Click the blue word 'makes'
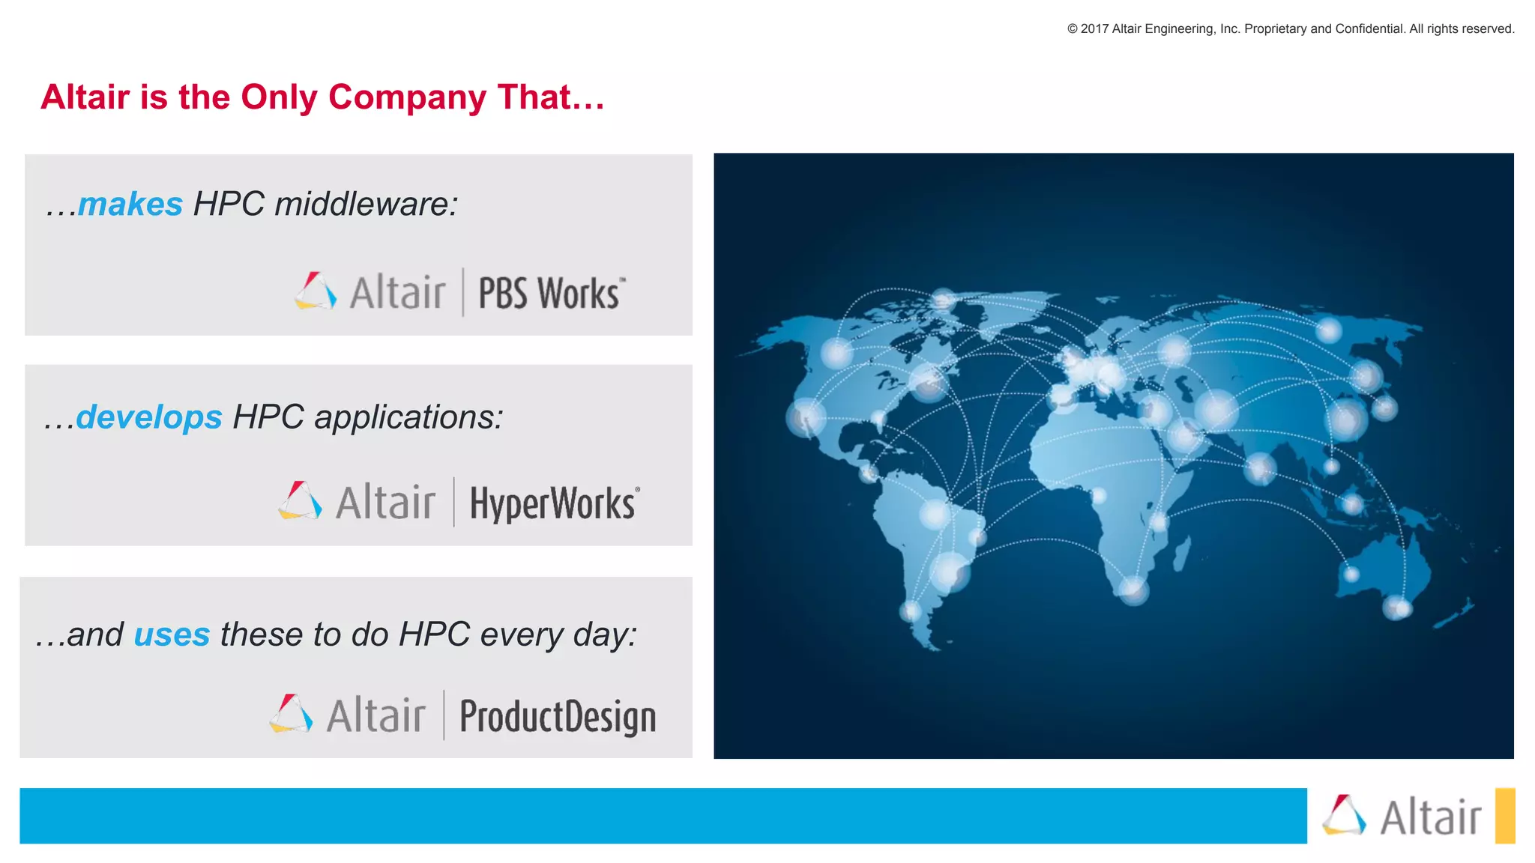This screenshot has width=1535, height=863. click(130, 205)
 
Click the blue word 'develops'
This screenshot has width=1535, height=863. click(149, 417)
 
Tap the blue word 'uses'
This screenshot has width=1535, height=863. click(172, 635)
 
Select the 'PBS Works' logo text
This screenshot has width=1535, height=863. click(550, 293)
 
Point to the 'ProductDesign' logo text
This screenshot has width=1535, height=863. click(558, 716)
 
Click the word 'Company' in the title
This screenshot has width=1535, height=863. click(407, 97)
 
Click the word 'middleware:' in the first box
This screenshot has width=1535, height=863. click(367, 205)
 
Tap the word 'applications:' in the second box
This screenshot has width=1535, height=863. click(408, 417)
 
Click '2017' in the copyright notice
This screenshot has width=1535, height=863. click(1094, 29)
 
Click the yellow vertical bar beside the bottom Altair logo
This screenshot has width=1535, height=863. click(1504, 815)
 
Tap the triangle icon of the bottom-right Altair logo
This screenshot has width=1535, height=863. click(1344, 815)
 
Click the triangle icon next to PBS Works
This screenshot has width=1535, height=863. click(315, 291)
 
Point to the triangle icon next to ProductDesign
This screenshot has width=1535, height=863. click(291, 714)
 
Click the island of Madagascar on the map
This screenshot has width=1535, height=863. click(1181, 556)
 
